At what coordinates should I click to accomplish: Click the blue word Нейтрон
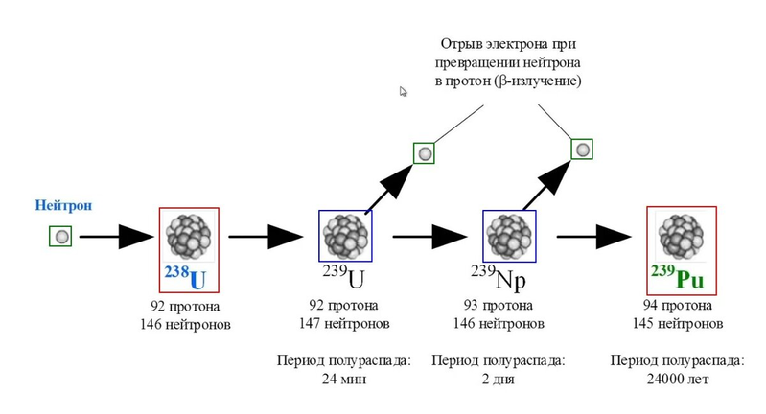pyautogui.click(x=62, y=205)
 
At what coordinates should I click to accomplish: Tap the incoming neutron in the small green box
pyautogui.click(x=61, y=235)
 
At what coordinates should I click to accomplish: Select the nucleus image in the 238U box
pyautogui.click(x=188, y=236)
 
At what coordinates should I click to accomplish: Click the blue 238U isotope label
pyautogui.click(x=186, y=277)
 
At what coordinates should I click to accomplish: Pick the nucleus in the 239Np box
pyautogui.click(x=508, y=235)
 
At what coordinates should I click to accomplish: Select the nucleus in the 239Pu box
pyautogui.click(x=678, y=235)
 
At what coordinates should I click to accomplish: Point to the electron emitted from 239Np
pyautogui.click(x=582, y=149)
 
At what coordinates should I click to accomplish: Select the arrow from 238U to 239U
pyautogui.click(x=265, y=236)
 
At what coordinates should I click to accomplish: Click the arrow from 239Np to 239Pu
pyautogui.click(x=596, y=236)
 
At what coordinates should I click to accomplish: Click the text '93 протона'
pyautogui.click(x=500, y=308)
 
